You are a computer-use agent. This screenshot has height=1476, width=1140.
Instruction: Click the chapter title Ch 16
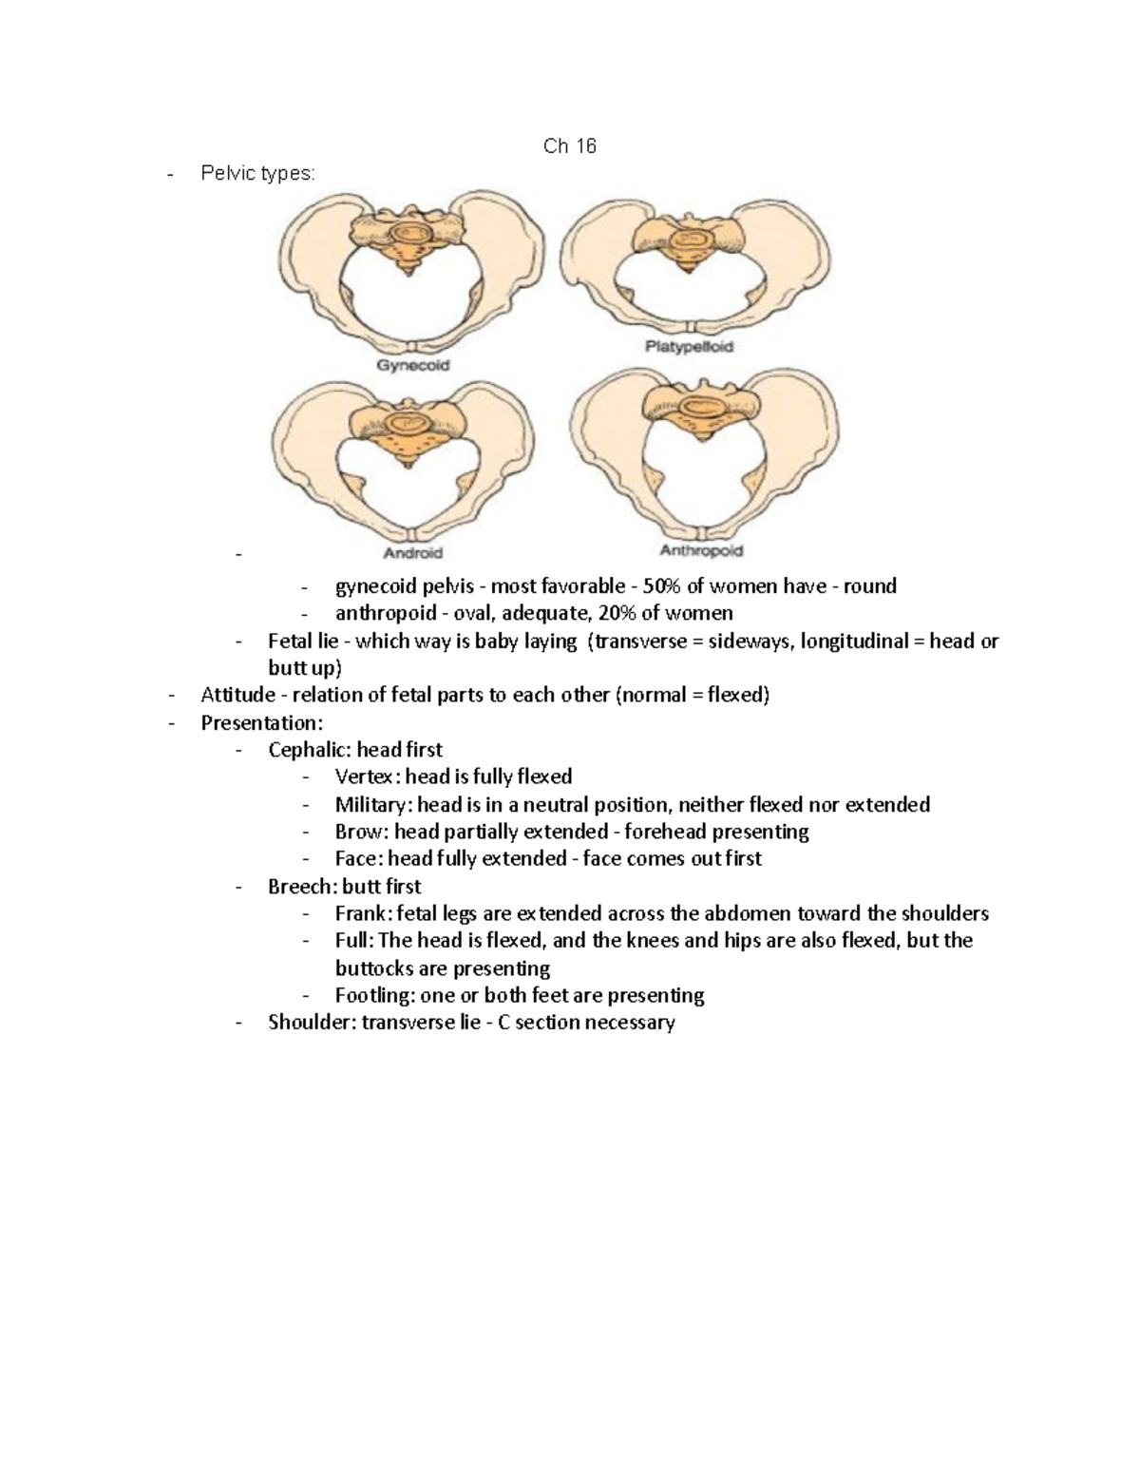coord(569,145)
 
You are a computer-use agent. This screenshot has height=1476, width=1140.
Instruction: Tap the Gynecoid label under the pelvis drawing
coord(413,365)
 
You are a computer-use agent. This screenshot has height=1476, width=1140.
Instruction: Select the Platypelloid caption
coord(689,347)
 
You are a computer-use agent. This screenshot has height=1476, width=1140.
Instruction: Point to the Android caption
coord(412,552)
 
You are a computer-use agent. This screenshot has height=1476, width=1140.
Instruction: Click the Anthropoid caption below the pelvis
coord(701,550)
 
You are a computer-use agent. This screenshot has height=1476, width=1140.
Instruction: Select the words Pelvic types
coord(256,173)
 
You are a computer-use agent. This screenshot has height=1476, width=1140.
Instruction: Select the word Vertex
coord(362,776)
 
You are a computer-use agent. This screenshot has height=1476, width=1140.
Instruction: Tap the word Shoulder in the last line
coord(312,1023)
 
